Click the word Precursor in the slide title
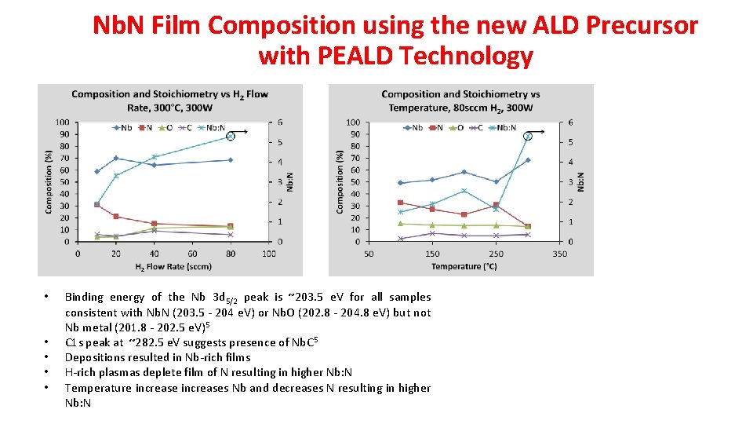point(638,25)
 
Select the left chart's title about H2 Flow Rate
point(169,100)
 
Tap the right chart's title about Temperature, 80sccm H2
point(460,100)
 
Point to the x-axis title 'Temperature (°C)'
point(464,266)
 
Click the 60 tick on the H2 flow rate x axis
point(192,254)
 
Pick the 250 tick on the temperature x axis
point(496,254)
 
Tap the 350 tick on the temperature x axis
point(559,254)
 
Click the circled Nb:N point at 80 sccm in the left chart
point(231,137)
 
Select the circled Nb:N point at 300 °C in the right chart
point(528,137)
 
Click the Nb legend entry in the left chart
point(122,127)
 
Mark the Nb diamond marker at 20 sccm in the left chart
point(116,158)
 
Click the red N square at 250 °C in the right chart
point(496,205)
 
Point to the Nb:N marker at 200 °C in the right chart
point(464,191)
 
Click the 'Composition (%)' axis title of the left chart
point(49,181)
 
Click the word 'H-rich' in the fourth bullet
point(81,372)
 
